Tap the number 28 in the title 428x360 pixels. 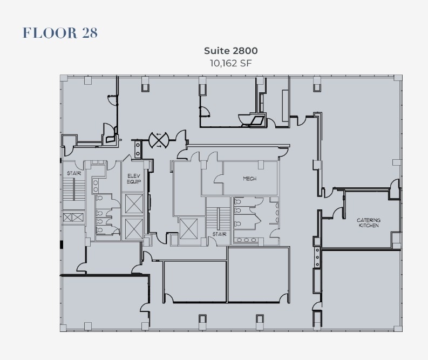[90, 33]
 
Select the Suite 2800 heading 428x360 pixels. [230, 51]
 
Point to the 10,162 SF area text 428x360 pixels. [230, 63]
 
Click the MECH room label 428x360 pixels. [249, 179]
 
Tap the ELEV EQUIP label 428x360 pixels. [134, 179]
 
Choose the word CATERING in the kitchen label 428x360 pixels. [369, 220]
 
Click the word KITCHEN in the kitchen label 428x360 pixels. [369, 226]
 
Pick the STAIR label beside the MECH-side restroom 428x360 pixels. [219, 235]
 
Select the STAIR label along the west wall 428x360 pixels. [73, 173]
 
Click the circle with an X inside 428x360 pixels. [159, 140]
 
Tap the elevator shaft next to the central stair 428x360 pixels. [188, 229]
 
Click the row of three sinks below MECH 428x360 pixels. [246, 240]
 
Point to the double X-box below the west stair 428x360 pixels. [73, 218]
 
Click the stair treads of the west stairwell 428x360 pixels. [69, 191]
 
